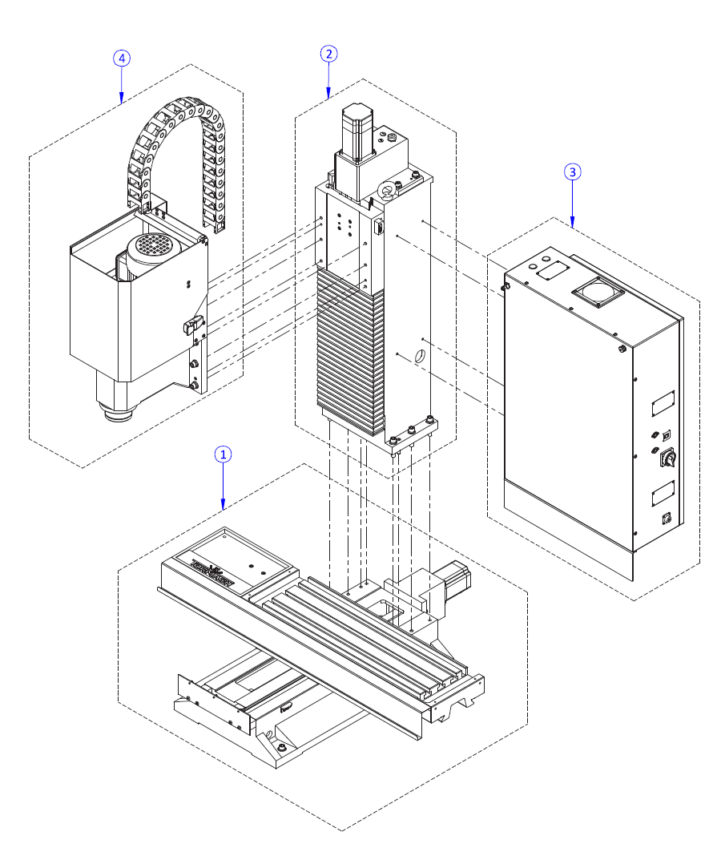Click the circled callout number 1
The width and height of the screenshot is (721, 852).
pyautogui.click(x=224, y=454)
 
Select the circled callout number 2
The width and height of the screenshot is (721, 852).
pyautogui.click(x=328, y=54)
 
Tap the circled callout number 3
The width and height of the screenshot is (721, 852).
pyautogui.click(x=572, y=172)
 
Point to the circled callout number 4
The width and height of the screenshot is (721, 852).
pyautogui.click(x=121, y=58)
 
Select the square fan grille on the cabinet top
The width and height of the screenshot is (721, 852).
pyautogui.click(x=597, y=293)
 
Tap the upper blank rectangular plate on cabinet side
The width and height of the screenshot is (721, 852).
pyautogui.click(x=663, y=403)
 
